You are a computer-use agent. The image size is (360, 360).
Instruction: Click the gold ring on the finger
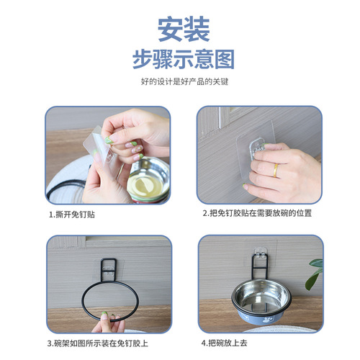click(274, 171)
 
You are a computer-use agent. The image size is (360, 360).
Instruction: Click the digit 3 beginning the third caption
click(50, 343)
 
